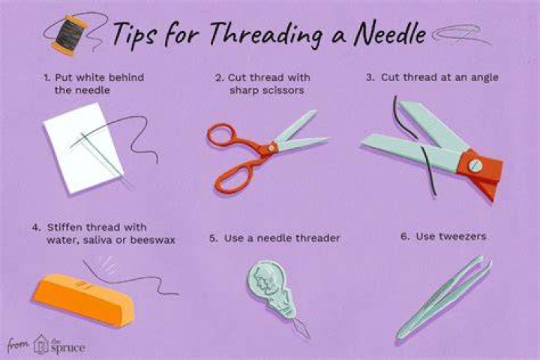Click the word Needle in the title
pyautogui.click(x=390, y=33)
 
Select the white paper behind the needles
pyautogui.click(x=82, y=148)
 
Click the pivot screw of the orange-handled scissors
pyautogui.click(x=271, y=148)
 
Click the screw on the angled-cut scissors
pyautogui.click(x=475, y=166)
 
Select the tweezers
pyautogui.click(x=444, y=296)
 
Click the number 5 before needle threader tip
pyautogui.click(x=213, y=238)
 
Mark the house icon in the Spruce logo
pyautogui.click(x=41, y=343)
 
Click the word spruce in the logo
pyautogui.click(x=67, y=347)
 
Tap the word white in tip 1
pyautogui.click(x=90, y=77)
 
